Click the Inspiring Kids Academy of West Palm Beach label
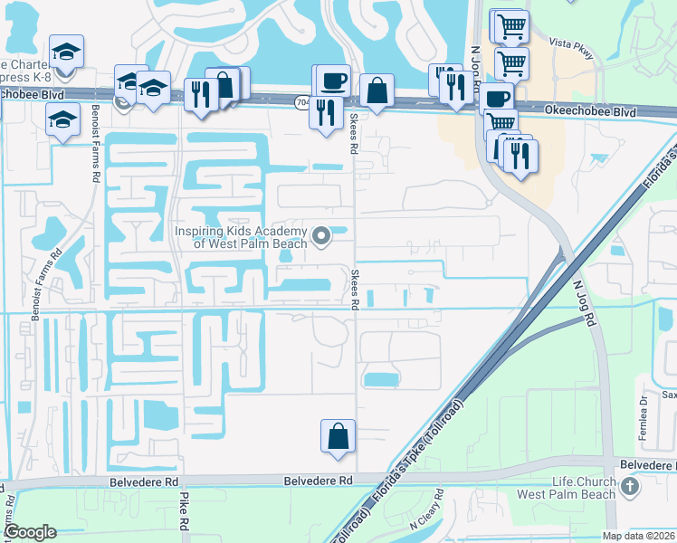click(242, 237)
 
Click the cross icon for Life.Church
click(631, 488)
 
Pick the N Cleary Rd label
click(425, 510)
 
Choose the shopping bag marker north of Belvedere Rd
click(337, 436)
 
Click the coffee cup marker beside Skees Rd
click(331, 80)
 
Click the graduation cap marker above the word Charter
click(65, 52)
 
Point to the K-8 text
click(70, 79)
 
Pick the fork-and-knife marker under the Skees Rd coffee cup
click(326, 113)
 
